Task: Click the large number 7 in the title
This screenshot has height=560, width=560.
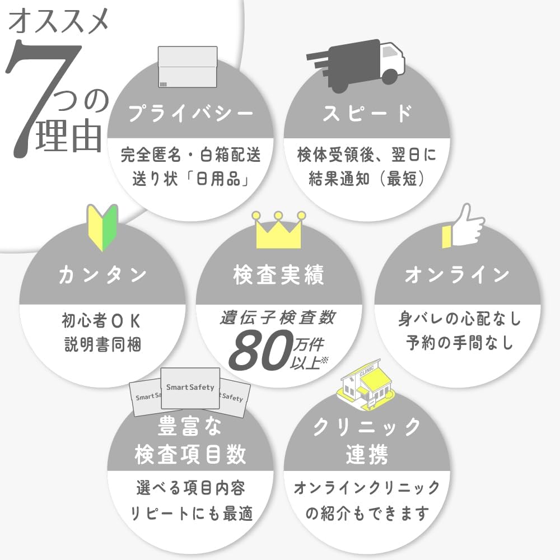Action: (x=39, y=96)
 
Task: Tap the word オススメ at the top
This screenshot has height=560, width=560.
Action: (x=59, y=21)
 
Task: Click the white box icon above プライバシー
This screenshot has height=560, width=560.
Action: (x=188, y=67)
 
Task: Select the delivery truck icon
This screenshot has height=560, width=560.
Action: (x=356, y=66)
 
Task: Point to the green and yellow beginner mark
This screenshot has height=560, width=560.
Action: (x=103, y=227)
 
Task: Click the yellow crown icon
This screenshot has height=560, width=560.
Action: (x=278, y=230)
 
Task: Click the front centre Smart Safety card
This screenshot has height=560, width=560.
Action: (x=190, y=388)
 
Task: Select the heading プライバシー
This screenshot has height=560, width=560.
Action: (x=190, y=113)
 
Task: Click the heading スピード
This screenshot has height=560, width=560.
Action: (x=367, y=113)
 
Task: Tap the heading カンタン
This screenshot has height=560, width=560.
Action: (x=102, y=274)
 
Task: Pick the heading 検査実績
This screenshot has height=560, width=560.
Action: (x=279, y=274)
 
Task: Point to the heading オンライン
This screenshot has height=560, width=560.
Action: (x=457, y=274)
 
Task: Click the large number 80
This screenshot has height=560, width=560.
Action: (x=262, y=350)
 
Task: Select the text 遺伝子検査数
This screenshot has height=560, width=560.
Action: (x=278, y=318)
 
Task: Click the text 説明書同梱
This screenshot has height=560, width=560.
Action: (x=102, y=344)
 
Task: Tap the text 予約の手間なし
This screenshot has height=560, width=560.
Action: (x=460, y=343)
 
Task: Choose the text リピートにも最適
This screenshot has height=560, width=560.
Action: (x=192, y=513)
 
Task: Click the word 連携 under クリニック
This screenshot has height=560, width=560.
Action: (x=367, y=455)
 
